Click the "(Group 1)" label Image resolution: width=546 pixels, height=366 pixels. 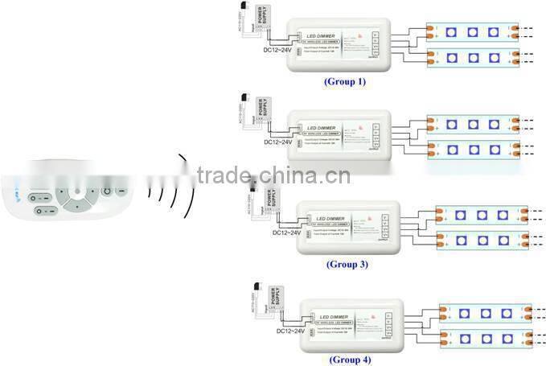pyautogui.click(x=344, y=81)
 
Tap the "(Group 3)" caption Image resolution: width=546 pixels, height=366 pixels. pyautogui.click(x=347, y=264)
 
